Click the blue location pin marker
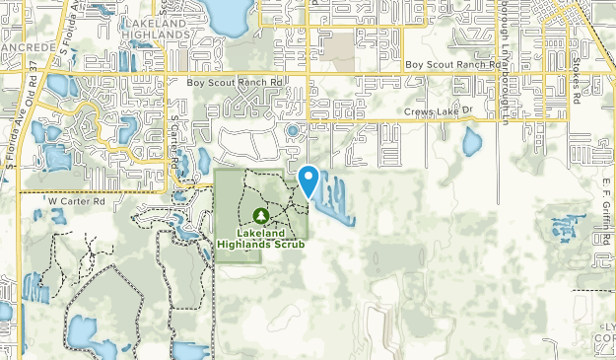(308, 180)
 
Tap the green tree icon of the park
(260, 215)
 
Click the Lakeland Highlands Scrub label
(261, 238)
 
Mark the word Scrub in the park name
(291, 244)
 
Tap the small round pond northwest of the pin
(292, 129)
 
